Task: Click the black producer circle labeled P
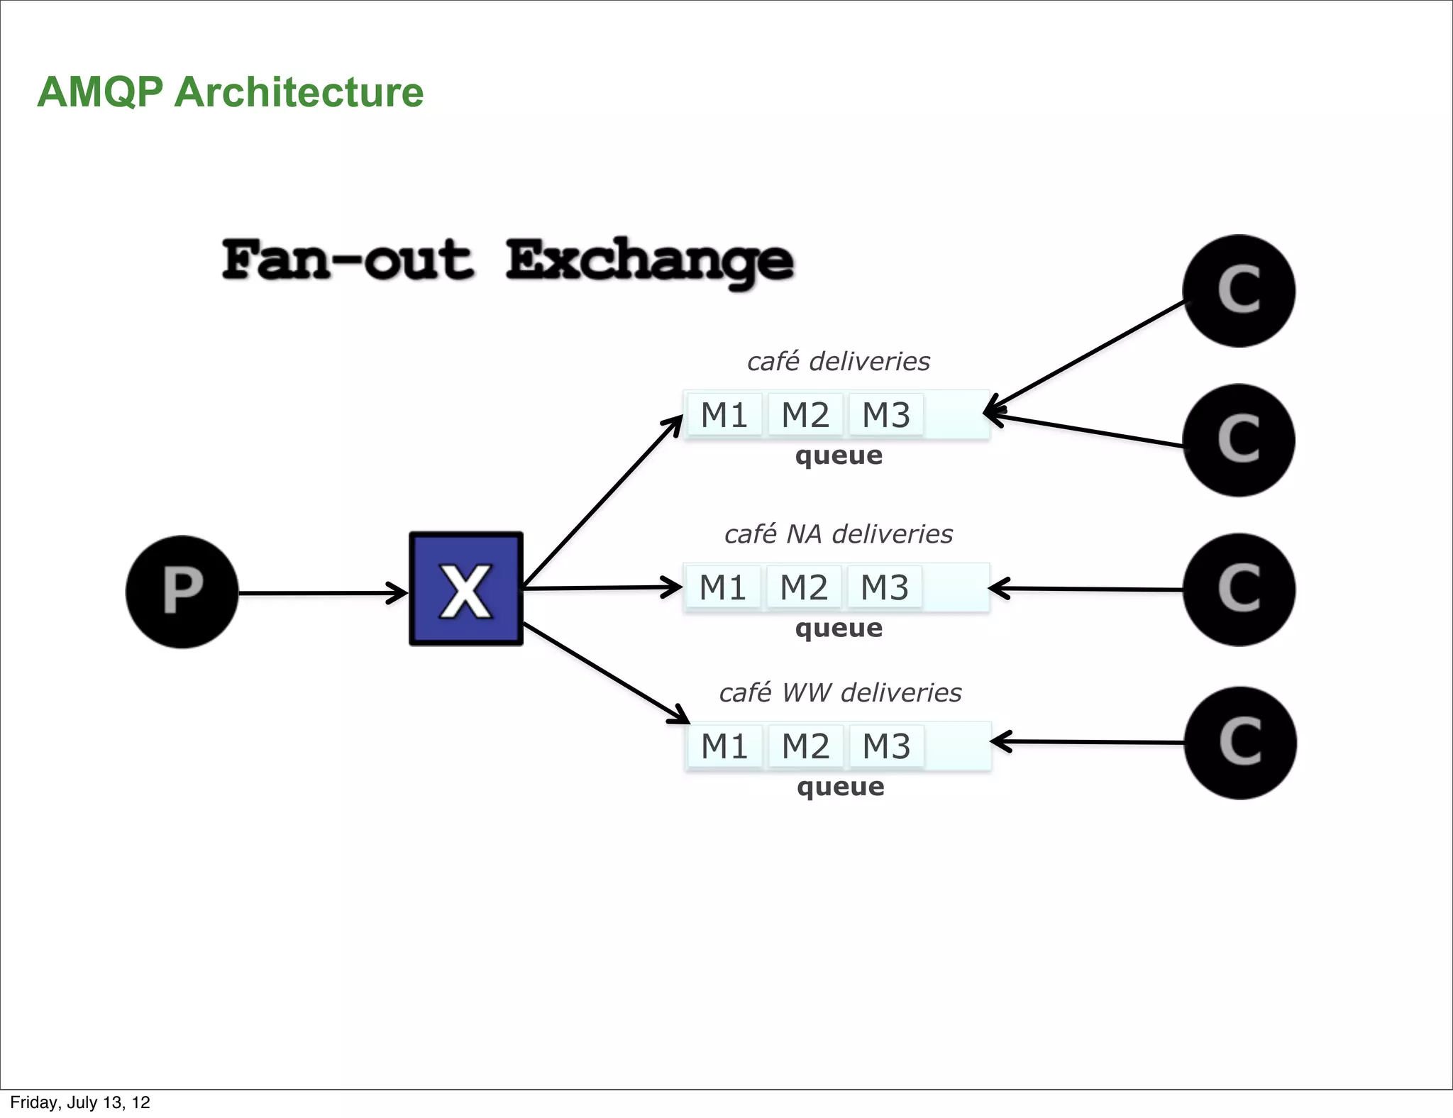(182, 592)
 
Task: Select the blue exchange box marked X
(466, 589)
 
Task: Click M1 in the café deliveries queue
(724, 415)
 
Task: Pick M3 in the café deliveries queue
(885, 415)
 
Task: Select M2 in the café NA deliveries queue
(804, 587)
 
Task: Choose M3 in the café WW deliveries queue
(886, 746)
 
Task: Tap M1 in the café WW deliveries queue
(724, 746)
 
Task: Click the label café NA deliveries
(838, 534)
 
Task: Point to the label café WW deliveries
(840, 692)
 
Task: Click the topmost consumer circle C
(1239, 291)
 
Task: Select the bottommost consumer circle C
(1240, 743)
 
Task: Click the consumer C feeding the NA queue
(1239, 590)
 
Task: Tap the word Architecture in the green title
(299, 92)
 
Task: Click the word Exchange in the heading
(649, 261)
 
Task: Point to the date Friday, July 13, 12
(80, 1102)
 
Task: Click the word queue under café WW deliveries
(841, 787)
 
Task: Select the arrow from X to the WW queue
(603, 671)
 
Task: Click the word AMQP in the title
(100, 92)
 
